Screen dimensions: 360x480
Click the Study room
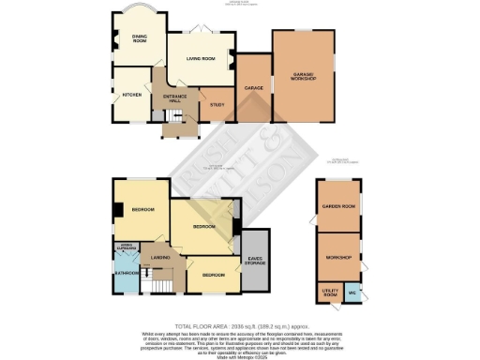(x=217, y=105)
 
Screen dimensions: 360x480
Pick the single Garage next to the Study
(x=251, y=88)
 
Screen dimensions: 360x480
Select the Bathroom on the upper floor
(x=127, y=272)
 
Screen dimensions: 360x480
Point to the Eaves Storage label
(x=254, y=261)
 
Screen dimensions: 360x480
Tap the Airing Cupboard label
(x=126, y=247)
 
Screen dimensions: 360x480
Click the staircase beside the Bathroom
(x=164, y=279)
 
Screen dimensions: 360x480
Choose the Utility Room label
(x=329, y=293)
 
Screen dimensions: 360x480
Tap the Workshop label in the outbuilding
(x=337, y=257)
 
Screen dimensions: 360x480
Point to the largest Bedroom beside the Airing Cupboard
(x=142, y=209)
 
